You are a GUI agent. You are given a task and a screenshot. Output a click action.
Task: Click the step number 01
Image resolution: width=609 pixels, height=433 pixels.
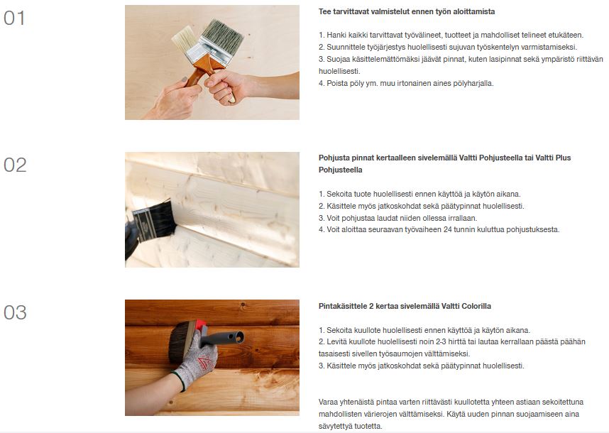click(x=14, y=18)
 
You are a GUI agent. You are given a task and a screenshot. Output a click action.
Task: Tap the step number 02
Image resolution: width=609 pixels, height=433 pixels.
click(x=15, y=165)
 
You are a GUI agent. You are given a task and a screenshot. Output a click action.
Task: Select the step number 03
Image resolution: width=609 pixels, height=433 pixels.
click(x=15, y=312)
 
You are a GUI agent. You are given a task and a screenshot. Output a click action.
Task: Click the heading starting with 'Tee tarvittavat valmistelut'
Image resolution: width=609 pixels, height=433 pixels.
click(x=407, y=11)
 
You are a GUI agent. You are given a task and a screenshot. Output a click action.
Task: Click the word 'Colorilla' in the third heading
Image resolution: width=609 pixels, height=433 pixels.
click(x=476, y=306)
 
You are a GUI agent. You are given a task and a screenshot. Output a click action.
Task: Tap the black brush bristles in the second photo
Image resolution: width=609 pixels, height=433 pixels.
click(x=158, y=221)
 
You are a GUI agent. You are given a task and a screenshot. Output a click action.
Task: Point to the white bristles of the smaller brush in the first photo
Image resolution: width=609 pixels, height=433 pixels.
click(x=185, y=38)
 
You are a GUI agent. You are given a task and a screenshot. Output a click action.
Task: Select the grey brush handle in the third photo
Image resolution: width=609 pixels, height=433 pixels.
click(x=223, y=339)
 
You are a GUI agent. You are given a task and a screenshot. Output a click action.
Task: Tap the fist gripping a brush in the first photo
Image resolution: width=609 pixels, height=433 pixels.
click(x=223, y=87)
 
